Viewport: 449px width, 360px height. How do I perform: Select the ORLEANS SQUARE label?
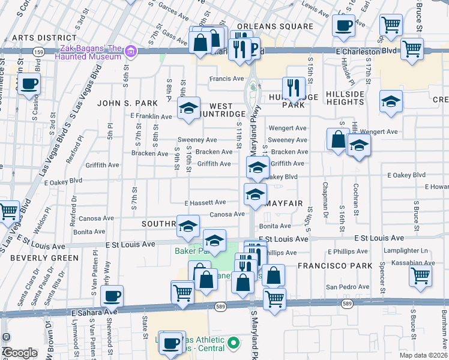(275, 27)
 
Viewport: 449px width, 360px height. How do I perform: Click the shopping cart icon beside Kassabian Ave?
(420, 275)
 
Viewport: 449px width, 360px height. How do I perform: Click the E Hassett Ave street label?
(205, 203)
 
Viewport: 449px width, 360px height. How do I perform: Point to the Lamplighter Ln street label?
(408, 250)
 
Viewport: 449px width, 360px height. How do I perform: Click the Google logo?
(20, 353)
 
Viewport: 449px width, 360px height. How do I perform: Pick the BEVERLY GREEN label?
(37, 257)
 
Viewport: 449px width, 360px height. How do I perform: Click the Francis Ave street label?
(226, 79)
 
